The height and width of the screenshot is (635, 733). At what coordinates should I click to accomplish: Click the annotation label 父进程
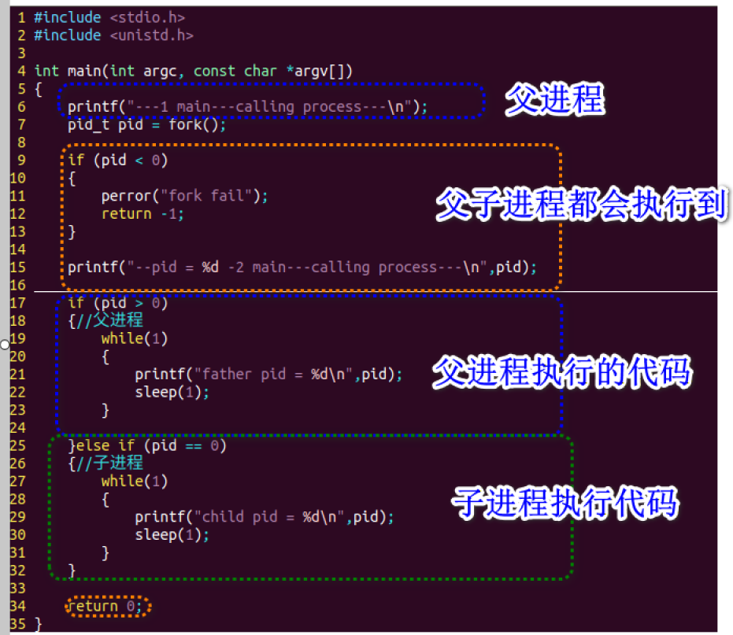pos(554,100)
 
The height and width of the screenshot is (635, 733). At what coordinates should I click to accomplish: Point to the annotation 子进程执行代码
pos(565,502)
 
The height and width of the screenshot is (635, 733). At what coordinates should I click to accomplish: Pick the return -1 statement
pos(143,213)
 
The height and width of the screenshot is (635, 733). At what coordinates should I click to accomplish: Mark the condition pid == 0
pos(186,445)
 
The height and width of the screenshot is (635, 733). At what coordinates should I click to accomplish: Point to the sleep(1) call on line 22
pos(172,392)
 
